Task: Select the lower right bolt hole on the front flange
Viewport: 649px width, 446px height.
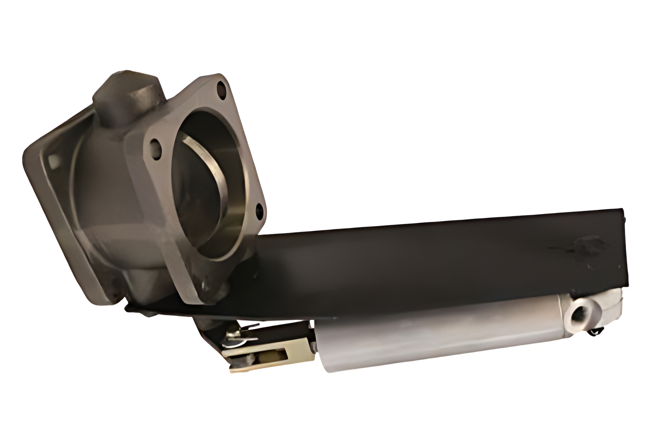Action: coord(260,211)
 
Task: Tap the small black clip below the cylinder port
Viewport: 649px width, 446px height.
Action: coord(598,332)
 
